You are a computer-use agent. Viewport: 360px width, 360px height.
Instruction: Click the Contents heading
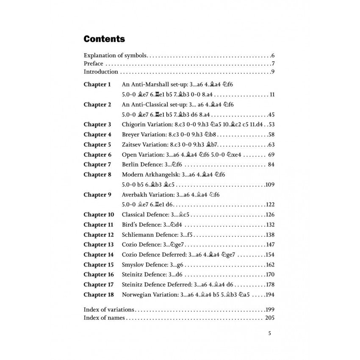104,39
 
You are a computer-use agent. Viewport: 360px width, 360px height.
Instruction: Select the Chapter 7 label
97,164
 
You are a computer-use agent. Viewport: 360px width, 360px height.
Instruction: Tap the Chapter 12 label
99,235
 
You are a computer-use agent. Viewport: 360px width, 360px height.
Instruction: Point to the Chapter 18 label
99,294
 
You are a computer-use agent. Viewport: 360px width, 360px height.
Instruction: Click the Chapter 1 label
97,84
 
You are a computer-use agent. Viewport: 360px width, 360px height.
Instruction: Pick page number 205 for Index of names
270,318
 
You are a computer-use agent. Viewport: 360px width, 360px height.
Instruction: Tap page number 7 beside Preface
274,64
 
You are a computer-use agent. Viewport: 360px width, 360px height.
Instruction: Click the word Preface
93,64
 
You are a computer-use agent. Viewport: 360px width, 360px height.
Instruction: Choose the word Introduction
101,72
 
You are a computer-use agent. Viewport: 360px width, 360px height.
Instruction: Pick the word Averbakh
134,195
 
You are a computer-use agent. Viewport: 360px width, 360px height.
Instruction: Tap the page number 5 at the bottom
270,333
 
